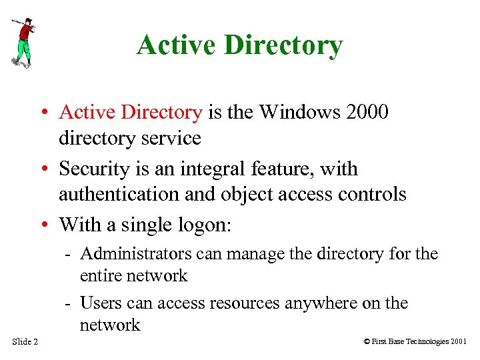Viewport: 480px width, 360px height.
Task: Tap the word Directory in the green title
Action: (284, 45)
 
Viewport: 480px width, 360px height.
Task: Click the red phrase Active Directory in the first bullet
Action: (131, 112)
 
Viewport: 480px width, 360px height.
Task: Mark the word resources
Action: (246, 303)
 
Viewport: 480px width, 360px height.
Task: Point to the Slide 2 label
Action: (25, 342)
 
